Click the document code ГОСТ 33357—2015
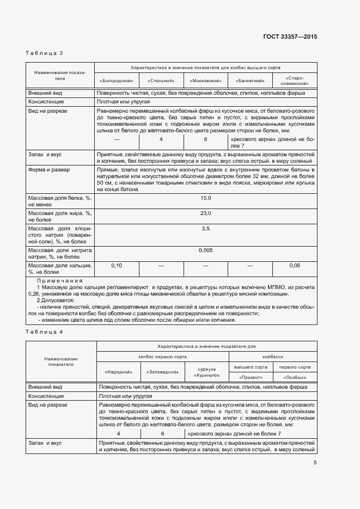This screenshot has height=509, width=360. pos(290,36)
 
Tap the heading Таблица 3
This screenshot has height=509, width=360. pos(45,53)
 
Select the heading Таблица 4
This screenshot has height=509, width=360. pos(45,332)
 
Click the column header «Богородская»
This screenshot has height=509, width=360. pos(117,81)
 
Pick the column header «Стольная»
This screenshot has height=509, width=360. pos(161,81)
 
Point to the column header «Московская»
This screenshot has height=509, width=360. pos(205,81)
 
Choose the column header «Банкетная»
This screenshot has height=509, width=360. pos(250,81)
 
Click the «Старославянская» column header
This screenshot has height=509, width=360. pos(295,81)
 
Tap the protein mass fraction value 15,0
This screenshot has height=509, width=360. pos(205,198)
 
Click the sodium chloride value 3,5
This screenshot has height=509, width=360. pos(205,229)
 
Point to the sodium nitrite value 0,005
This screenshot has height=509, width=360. pos(205,250)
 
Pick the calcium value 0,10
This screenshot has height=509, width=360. pos(117,265)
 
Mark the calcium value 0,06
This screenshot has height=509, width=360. pos(295,265)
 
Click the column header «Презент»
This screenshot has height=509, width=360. pos(251,377)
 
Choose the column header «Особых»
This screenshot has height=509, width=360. pos(295,377)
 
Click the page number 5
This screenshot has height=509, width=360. pos(315,463)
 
